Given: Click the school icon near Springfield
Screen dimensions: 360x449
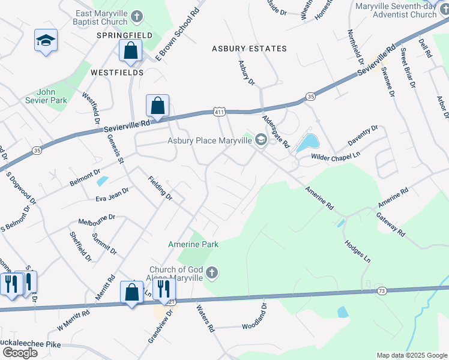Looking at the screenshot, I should tap(46, 41).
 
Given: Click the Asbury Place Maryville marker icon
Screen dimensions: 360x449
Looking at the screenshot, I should tap(261, 140).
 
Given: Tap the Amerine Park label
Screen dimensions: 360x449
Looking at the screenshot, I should tap(193, 244).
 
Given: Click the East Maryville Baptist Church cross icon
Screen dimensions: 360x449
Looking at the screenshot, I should tap(137, 16).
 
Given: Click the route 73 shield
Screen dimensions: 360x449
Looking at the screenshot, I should tap(382, 291).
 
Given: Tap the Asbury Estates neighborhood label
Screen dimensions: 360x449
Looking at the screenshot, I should tap(249, 49).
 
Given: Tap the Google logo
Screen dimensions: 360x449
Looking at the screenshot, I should tap(20, 352).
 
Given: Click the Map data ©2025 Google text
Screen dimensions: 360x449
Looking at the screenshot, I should tap(411, 355).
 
